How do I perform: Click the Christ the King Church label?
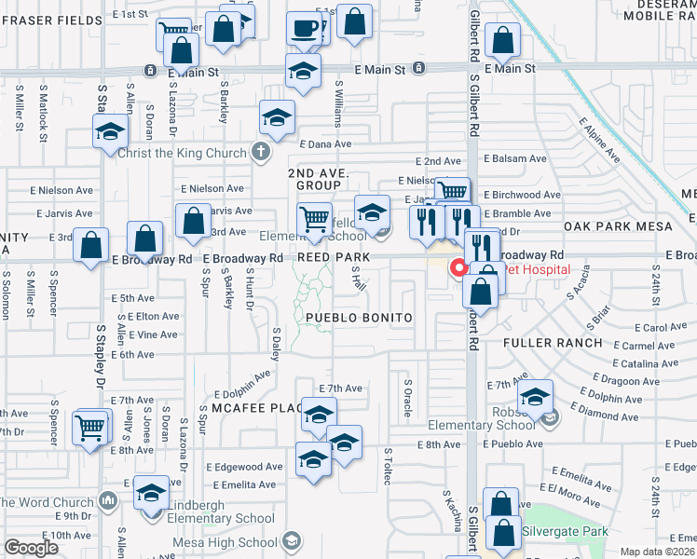pos(183,152)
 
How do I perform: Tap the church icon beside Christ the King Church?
pos(262,152)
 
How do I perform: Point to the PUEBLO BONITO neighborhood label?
pos(359,318)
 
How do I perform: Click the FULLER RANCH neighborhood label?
pos(554,343)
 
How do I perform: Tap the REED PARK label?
pos(334,256)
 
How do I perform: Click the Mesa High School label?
pos(225,542)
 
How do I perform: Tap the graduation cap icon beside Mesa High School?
pos(292,541)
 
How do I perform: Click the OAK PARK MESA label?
pos(610,226)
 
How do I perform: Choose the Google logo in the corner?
pos(31,548)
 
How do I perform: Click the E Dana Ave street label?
pos(325,144)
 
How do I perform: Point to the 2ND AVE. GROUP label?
pos(317,180)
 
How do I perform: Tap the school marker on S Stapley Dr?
pos(110,131)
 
